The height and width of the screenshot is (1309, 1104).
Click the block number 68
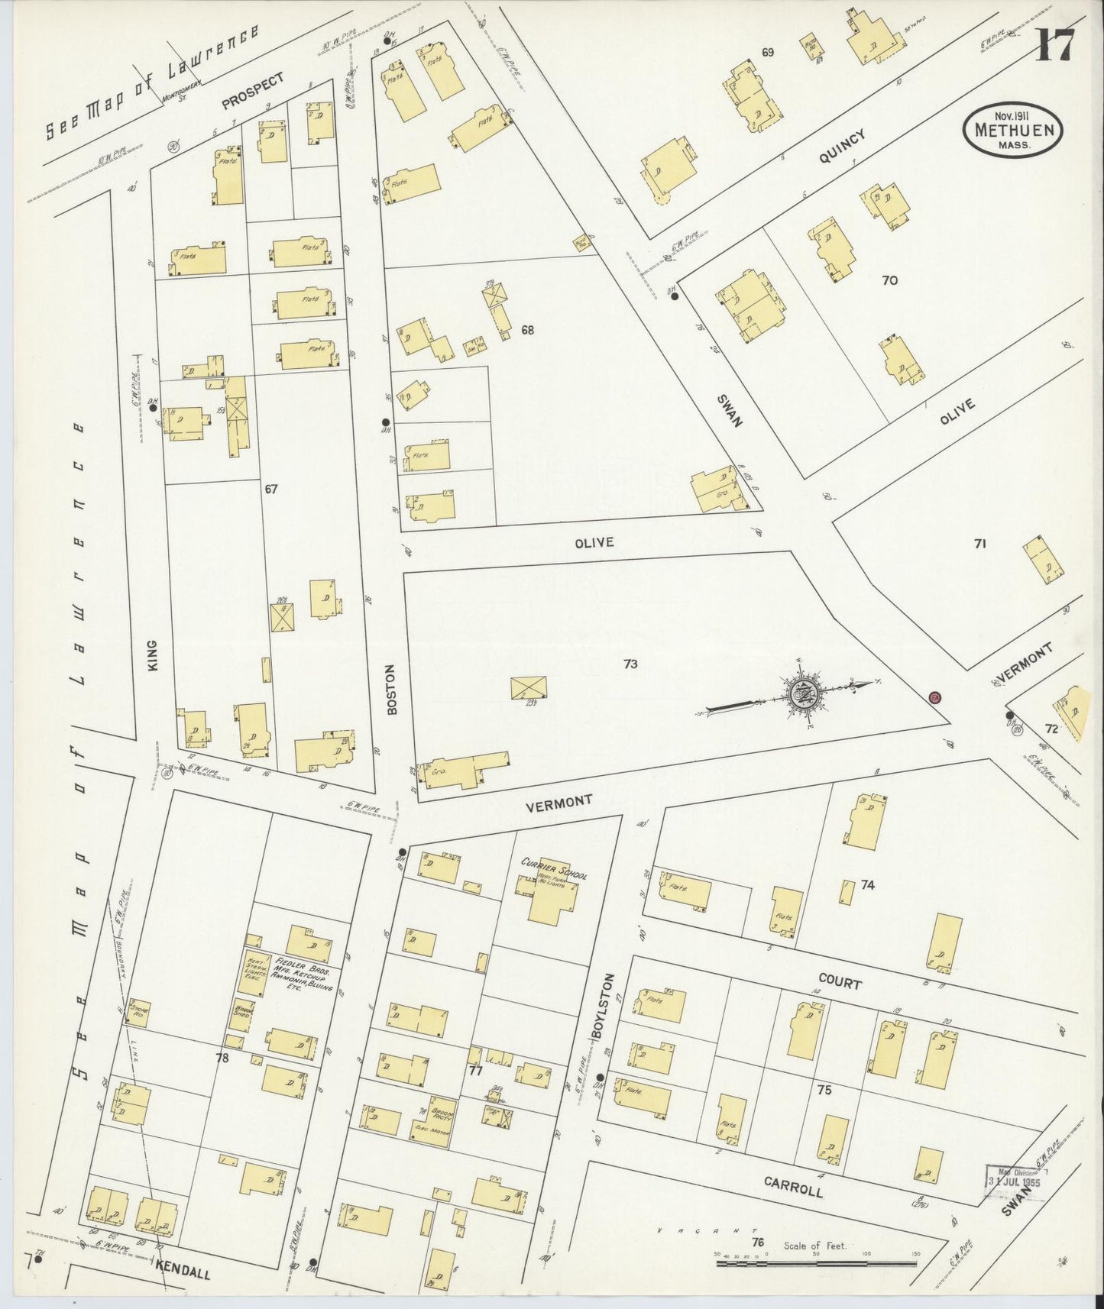(x=527, y=330)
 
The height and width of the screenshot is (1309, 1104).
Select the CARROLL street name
(x=793, y=1186)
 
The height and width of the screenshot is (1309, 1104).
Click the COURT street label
(x=840, y=982)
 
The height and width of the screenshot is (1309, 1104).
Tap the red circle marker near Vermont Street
(x=934, y=697)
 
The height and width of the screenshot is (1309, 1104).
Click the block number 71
(x=980, y=544)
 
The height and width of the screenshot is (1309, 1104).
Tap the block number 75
(x=824, y=1090)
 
